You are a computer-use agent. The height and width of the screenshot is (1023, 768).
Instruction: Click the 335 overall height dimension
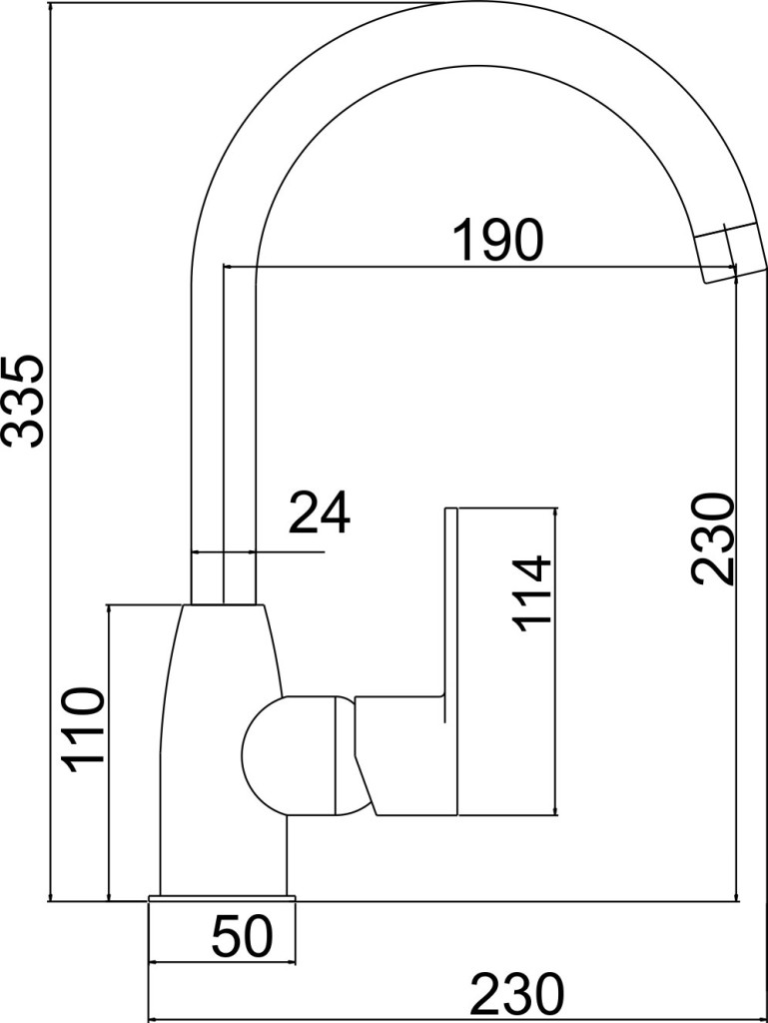[24, 401]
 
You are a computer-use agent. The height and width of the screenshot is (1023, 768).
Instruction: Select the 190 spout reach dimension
[497, 240]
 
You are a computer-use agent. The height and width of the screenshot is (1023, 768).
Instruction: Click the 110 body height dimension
[82, 729]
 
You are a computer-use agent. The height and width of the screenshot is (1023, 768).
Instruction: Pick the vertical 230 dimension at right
[713, 538]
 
